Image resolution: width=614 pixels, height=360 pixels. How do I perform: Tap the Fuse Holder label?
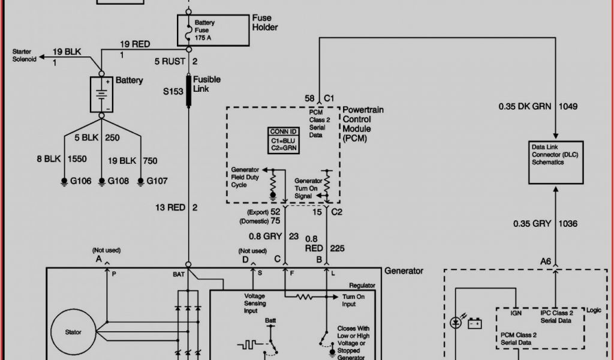264,23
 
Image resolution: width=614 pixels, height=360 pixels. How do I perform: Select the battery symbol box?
101,94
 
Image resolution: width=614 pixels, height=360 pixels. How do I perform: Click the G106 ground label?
80,181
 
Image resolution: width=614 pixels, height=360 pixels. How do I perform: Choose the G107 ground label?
158,181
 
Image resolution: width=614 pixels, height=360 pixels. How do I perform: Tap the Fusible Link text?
207,84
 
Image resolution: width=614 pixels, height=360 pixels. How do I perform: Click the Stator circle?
73,332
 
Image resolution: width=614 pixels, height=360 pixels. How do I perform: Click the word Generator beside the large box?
404,271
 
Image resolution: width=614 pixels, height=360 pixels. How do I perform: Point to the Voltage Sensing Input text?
258,303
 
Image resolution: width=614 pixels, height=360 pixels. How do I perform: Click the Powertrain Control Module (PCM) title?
363,124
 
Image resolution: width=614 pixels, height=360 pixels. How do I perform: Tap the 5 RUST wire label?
171,61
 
